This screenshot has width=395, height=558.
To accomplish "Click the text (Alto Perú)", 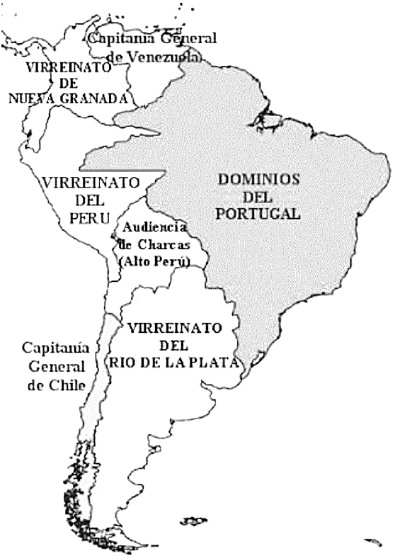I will (156, 261).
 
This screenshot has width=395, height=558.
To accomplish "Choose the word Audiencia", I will (154, 227).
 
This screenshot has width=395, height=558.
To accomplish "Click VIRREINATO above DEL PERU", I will (89, 183).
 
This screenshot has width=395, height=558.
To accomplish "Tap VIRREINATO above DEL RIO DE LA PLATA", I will (174, 328).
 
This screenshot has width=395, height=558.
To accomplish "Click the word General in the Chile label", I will (56, 367).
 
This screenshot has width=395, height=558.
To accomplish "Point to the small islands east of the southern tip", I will (193, 522).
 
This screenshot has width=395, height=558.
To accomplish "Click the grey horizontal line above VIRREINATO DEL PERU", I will (123, 171).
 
